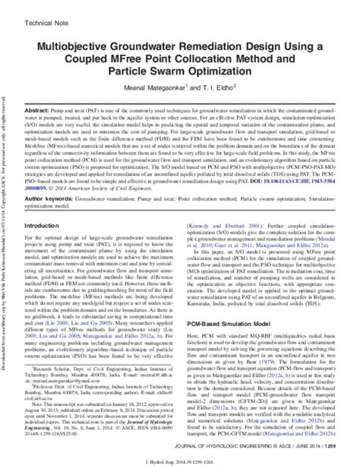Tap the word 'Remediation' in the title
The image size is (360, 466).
click(226, 46)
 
